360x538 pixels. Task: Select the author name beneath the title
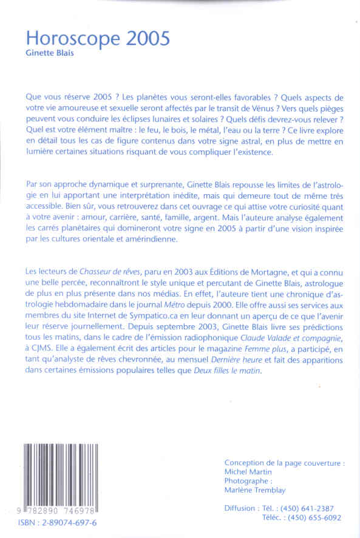[x=52, y=53]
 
